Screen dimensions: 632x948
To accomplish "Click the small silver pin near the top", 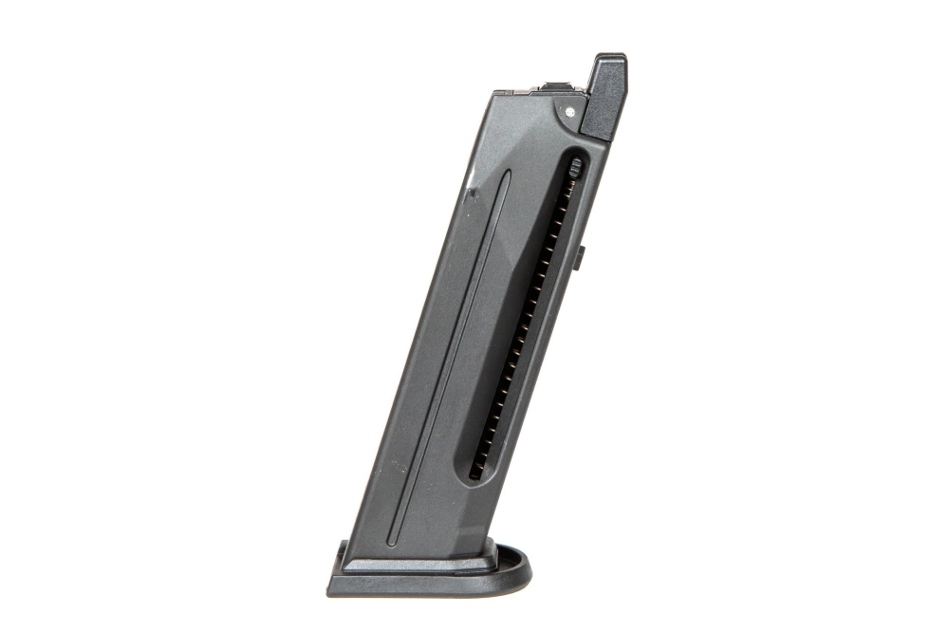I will [x=569, y=111].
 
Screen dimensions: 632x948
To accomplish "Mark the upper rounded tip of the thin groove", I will [x=507, y=175].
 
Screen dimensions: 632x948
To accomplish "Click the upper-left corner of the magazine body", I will [x=496, y=93].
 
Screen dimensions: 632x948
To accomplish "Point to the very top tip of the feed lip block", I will [x=608, y=56].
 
